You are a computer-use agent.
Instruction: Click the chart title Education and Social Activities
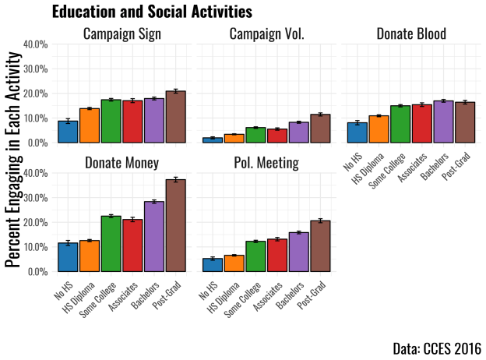(152, 12)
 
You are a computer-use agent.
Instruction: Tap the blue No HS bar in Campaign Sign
(68, 132)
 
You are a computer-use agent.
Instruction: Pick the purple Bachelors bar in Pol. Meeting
(298, 252)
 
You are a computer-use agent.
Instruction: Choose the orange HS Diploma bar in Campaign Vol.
(234, 139)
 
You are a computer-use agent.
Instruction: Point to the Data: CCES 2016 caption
(437, 348)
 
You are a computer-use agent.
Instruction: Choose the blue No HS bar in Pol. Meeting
(213, 265)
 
